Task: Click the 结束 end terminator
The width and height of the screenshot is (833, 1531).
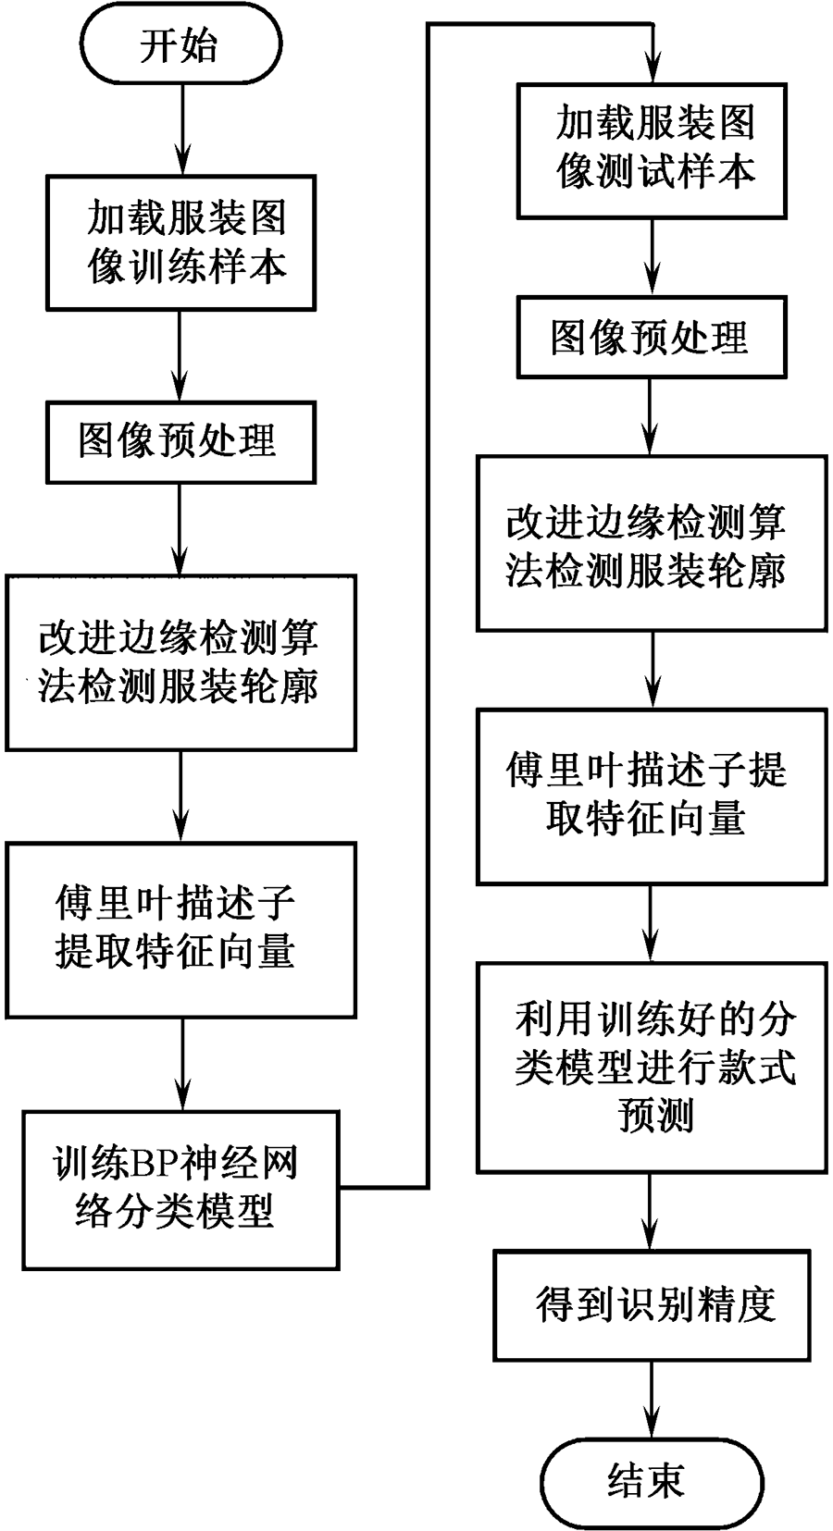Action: (x=646, y=1480)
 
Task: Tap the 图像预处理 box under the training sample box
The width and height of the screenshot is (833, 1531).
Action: (x=180, y=440)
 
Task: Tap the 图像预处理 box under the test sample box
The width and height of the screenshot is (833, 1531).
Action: (x=652, y=337)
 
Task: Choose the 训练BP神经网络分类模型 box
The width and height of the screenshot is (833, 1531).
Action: (x=180, y=1188)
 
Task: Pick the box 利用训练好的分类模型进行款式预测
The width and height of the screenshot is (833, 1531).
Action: (x=652, y=1066)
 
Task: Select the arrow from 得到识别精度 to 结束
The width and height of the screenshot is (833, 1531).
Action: (x=652, y=1394)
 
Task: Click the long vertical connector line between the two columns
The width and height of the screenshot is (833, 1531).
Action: (x=428, y=601)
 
